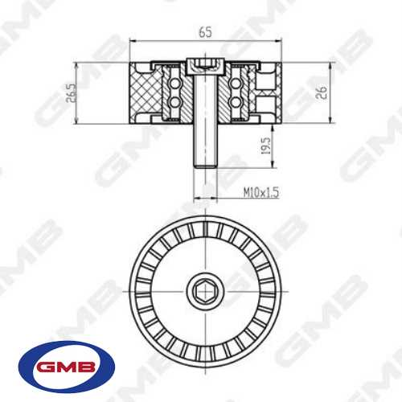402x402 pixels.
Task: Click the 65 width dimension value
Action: (x=205, y=33)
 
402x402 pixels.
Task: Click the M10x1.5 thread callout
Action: (x=262, y=194)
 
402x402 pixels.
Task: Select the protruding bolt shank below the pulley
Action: (x=204, y=145)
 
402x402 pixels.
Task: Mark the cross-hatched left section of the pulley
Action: (x=145, y=93)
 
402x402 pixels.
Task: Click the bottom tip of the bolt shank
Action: (x=204, y=166)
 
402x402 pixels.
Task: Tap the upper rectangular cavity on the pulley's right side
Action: (x=267, y=80)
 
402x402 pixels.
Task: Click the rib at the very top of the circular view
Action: (x=204, y=222)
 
